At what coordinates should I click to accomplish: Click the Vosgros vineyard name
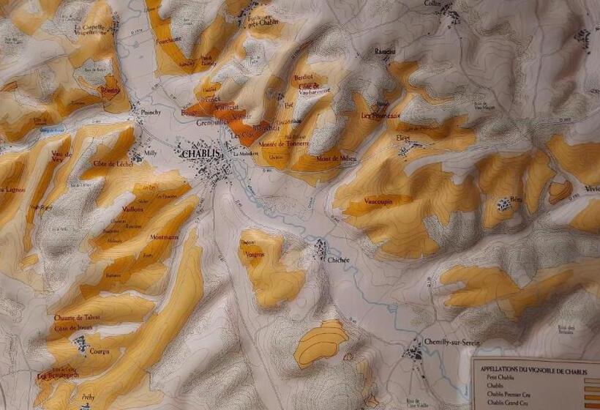click(255, 253)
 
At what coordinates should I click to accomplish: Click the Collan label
click(432, 4)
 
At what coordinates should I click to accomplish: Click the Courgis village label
click(99, 351)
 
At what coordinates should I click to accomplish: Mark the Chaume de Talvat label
click(77, 317)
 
